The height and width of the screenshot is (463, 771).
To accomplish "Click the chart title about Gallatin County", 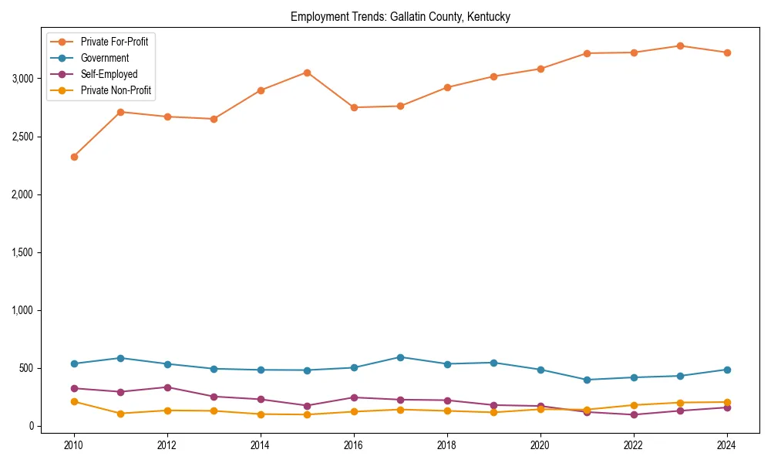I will click(x=400, y=16).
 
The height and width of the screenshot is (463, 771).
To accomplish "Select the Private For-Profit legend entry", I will click(x=114, y=42).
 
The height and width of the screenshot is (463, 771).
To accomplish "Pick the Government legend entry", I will click(x=105, y=58).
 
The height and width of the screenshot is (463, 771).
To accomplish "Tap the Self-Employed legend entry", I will click(x=109, y=74).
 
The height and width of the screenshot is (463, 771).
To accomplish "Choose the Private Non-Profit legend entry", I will click(x=116, y=91).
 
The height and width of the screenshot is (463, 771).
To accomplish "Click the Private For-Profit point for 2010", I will click(x=74, y=157).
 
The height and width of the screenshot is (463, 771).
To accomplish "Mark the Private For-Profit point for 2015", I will click(x=307, y=73).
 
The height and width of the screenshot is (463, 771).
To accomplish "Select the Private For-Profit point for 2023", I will click(x=680, y=46).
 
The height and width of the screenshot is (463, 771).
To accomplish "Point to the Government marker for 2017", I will click(x=400, y=357).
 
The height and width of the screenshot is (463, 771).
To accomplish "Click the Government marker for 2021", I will click(x=587, y=380).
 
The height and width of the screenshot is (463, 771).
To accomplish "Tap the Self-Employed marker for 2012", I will click(x=167, y=387).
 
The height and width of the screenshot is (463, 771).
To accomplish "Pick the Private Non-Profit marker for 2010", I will click(x=74, y=401).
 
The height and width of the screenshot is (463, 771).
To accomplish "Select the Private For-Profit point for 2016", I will click(x=354, y=107).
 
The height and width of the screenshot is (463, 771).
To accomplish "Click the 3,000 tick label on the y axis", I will click(x=22, y=79).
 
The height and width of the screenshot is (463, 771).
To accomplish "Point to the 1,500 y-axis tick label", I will click(x=22, y=252).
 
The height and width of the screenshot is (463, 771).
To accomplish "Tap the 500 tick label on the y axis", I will click(x=27, y=368).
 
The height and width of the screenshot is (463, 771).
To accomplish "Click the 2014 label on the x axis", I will click(x=261, y=445).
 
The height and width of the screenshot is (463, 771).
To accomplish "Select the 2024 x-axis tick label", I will click(x=726, y=445).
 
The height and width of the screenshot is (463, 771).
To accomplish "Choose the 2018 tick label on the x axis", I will click(x=447, y=445).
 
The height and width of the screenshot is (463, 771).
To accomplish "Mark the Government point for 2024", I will click(x=726, y=370).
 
